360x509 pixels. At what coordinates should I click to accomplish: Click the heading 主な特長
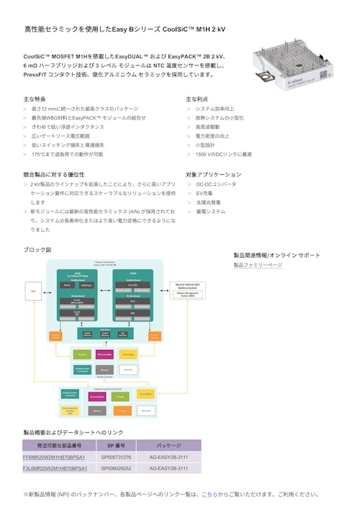pyautogui.click(x=35, y=99)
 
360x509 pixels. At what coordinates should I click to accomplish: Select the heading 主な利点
pyautogui.click(x=197, y=99)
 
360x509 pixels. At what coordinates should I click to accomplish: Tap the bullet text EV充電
pyautogui.click(x=204, y=194)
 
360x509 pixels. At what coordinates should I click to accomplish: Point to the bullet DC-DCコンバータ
pyautogui.click(x=215, y=184)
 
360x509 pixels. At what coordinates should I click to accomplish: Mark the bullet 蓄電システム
pyautogui.click(x=210, y=212)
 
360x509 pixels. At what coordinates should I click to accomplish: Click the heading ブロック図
pyautogui.click(x=38, y=249)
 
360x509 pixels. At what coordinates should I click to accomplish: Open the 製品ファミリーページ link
pyautogui.click(x=258, y=265)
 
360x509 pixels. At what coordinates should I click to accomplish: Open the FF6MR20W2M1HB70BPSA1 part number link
pyautogui.click(x=54, y=457)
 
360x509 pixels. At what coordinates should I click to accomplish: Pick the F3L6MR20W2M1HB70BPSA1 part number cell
pyautogui.click(x=55, y=469)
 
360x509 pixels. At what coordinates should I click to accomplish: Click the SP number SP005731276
pyautogui.click(x=116, y=457)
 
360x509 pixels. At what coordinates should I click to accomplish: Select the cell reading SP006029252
pyautogui.click(x=116, y=469)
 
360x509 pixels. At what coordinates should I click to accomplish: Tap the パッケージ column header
pyautogui.click(x=168, y=446)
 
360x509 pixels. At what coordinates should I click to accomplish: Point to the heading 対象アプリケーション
pyautogui.click(x=214, y=174)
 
